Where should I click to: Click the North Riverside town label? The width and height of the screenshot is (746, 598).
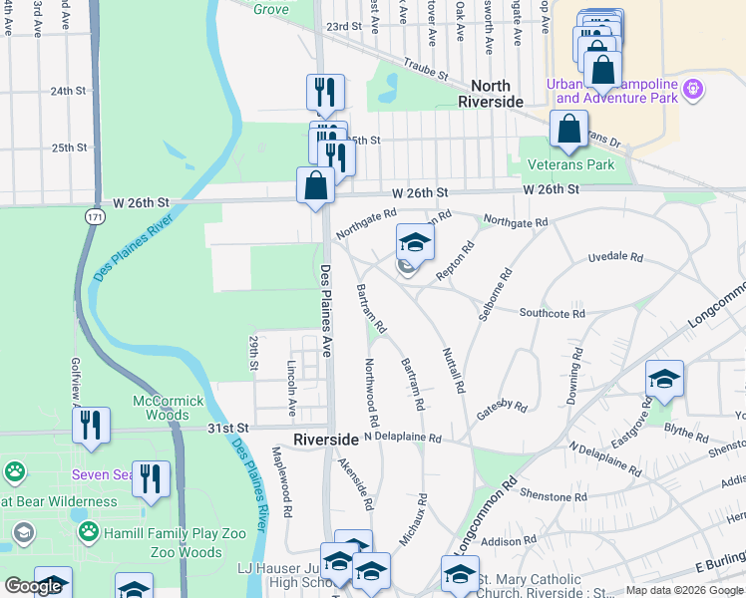point(491,95)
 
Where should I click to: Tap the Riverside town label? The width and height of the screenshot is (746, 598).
point(326,440)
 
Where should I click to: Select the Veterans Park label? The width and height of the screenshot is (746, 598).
point(571,164)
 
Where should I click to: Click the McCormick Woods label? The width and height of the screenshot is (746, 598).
point(170,408)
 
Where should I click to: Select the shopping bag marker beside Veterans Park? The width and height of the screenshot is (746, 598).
point(567,131)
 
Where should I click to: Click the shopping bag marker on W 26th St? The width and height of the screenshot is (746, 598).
point(315,185)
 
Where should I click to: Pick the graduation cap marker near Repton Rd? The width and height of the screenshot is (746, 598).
point(415,242)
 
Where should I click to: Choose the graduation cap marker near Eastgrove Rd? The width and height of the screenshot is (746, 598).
point(664,379)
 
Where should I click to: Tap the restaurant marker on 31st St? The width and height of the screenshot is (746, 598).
point(91,425)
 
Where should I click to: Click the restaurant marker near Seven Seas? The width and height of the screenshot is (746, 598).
point(151,477)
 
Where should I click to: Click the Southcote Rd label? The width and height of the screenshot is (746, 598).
point(552,313)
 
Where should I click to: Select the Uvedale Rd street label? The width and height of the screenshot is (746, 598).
point(615,257)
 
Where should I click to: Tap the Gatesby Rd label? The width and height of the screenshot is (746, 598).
point(501,406)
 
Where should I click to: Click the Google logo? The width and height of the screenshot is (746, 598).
point(33,586)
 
